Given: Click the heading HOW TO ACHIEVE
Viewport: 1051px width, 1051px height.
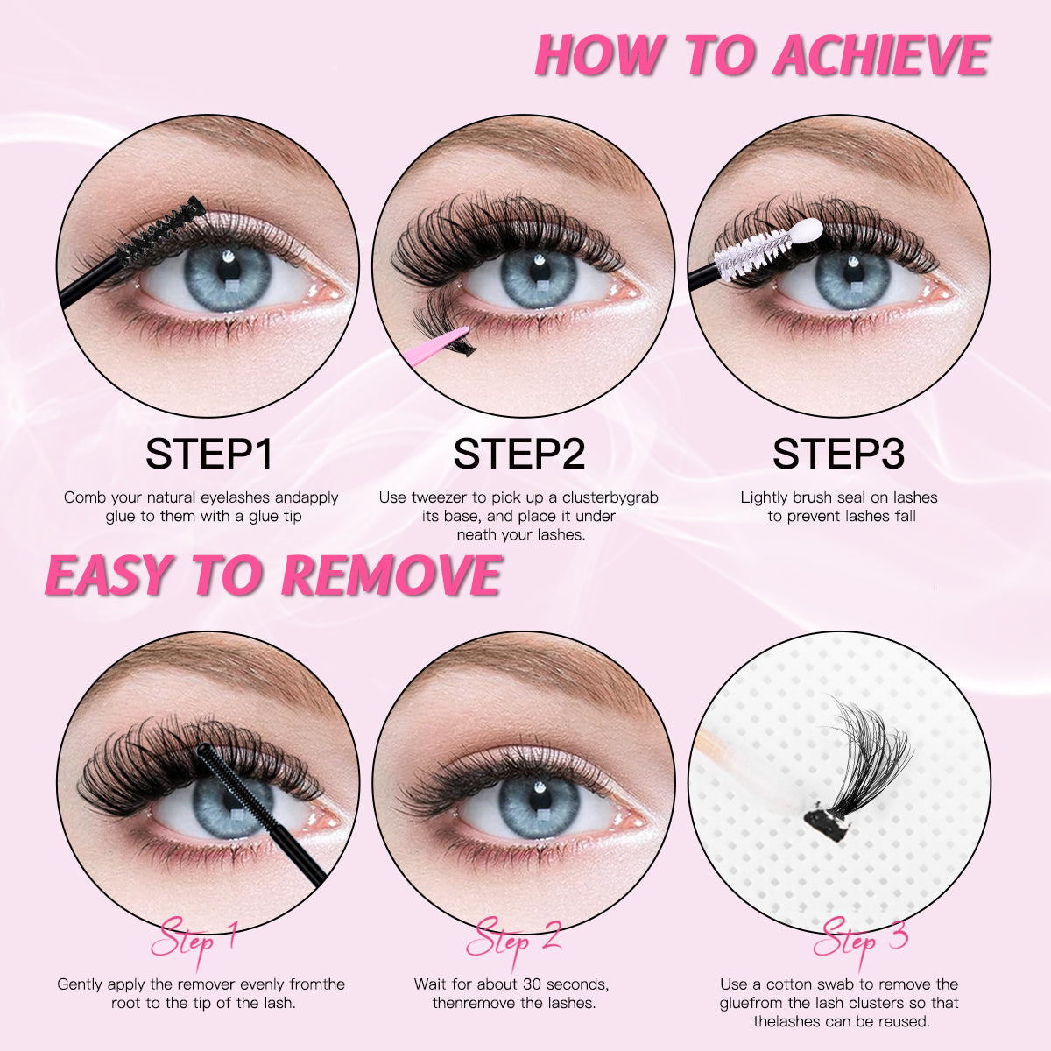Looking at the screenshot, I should (761, 55).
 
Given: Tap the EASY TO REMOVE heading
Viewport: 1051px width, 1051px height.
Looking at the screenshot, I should (272, 575).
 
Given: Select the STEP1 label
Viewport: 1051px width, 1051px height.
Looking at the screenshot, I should (209, 455).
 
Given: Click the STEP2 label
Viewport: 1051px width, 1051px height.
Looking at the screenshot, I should (519, 455).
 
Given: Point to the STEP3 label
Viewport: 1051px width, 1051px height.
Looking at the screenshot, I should (838, 455).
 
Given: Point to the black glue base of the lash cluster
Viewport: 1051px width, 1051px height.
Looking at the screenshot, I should (824, 822).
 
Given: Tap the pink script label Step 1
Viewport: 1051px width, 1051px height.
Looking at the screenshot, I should (194, 940).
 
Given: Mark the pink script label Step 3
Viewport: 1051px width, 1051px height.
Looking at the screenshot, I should (860, 941).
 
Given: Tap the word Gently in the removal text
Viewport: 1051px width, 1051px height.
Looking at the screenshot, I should (84, 984).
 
